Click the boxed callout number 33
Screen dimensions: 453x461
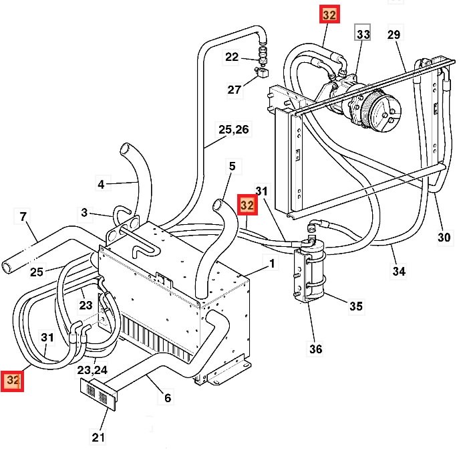363,33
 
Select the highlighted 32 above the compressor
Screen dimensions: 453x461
330,15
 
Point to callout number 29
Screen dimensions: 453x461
394,34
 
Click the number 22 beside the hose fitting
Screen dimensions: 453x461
232,57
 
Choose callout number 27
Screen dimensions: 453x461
234,90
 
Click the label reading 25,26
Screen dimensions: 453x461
233,129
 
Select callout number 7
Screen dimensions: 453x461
23,217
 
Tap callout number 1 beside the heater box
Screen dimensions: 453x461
271,263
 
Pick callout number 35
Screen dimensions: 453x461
356,306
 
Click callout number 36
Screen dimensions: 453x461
315,349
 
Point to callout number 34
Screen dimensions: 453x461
399,271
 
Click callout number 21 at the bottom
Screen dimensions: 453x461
98,438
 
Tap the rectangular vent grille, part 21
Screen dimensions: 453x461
98,395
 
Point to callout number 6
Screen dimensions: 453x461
167,398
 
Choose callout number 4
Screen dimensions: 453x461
101,183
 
